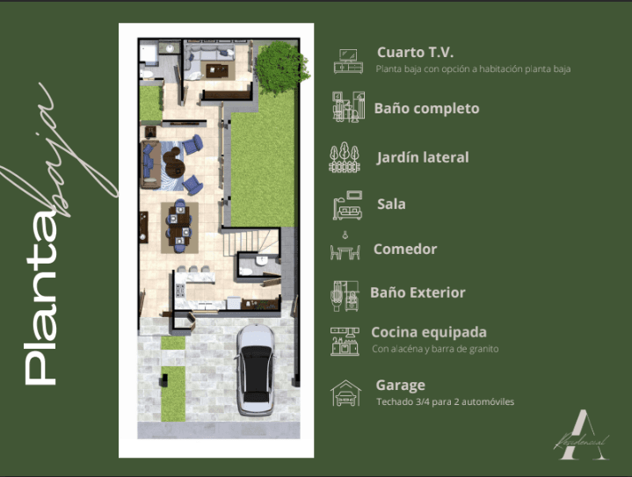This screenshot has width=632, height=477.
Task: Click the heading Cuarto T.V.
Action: point(415,52)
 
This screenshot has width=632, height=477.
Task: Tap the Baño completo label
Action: point(426,109)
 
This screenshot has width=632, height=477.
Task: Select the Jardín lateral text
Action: point(423,157)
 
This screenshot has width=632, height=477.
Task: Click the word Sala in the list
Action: point(391,204)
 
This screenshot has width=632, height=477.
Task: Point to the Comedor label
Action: point(405,249)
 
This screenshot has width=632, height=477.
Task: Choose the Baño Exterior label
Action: point(418,293)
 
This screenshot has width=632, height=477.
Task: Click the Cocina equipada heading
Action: point(429,332)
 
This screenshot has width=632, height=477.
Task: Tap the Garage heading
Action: point(400,385)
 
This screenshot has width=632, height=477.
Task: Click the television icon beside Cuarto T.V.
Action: point(348,60)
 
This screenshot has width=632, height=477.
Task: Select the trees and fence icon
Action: point(345,158)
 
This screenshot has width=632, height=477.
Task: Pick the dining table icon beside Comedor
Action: point(345,250)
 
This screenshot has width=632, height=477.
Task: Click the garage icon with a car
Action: point(345,393)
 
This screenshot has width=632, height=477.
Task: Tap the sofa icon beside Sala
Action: point(346,206)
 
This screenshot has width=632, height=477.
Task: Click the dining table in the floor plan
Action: point(180,224)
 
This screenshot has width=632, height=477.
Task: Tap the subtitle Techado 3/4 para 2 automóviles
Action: point(445,401)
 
